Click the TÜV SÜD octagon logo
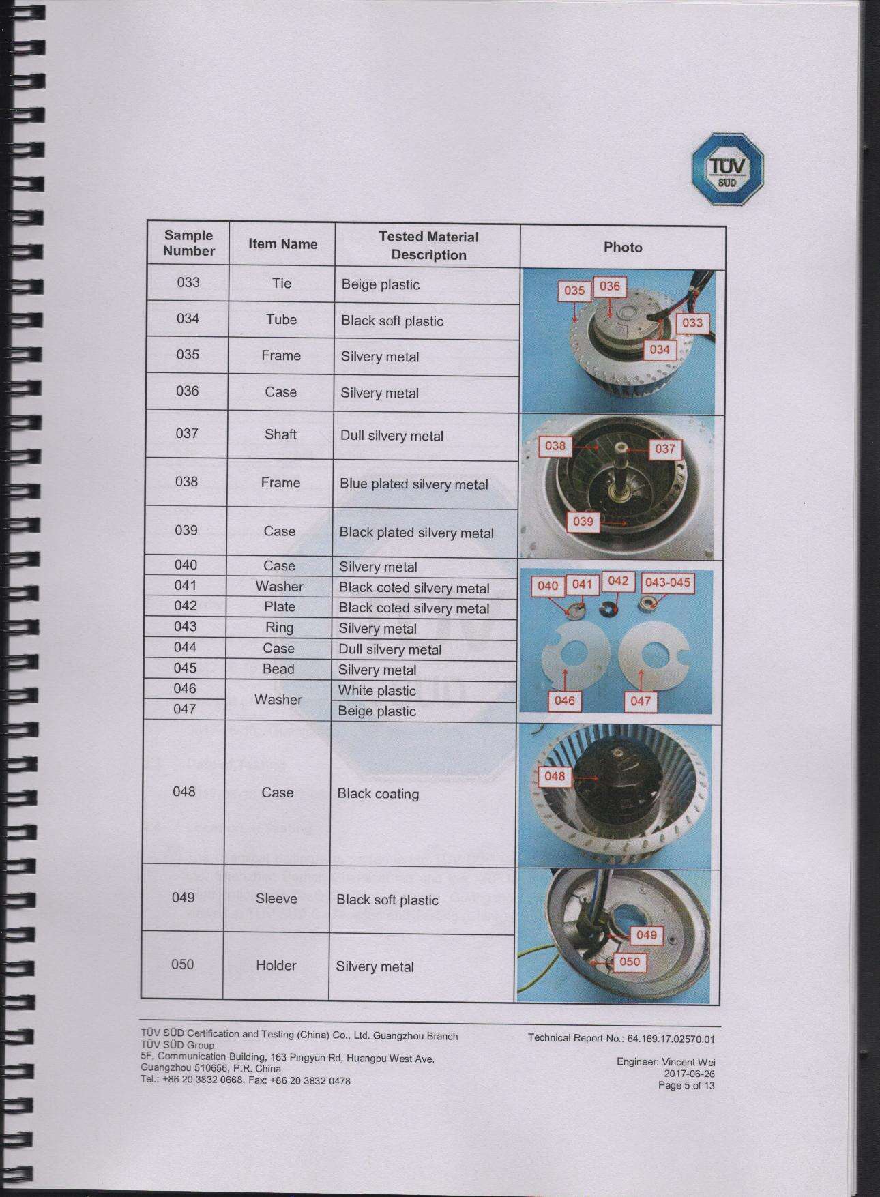(x=727, y=170)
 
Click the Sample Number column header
(x=188, y=243)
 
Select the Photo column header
(x=622, y=248)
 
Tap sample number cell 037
(x=187, y=433)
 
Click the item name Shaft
(x=280, y=434)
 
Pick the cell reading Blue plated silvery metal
(x=414, y=484)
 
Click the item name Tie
(x=281, y=283)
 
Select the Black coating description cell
(x=378, y=794)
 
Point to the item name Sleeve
(x=276, y=899)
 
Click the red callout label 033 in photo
(x=692, y=323)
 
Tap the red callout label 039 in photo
(x=583, y=522)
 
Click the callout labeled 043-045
(x=667, y=582)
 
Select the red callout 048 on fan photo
(x=555, y=775)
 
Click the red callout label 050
(x=629, y=962)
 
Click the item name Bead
(x=278, y=669)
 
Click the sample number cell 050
(x=182, y=964)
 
